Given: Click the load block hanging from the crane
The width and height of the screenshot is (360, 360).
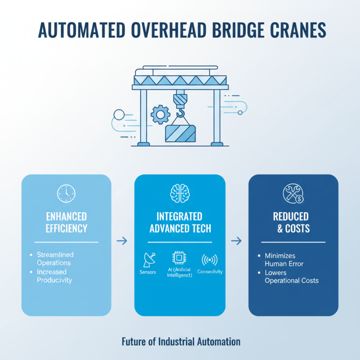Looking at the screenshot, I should pyautogui.click(x=180, y=134).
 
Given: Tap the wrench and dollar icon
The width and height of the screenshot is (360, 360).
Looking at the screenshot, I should pyautogui.click(x=292, y=193).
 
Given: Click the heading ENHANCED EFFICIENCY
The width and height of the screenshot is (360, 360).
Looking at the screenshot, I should pyautogui.click(x=66, y=222).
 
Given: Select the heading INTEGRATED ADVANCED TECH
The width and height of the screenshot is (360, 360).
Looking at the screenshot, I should pyautogui.click(x=180, y=222).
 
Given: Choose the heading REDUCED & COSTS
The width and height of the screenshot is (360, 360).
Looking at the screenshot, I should pyautogui.click(x=293, y=222).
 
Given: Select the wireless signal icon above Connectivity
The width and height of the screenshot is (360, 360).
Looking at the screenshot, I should pyautogui.click(x=210, y=260).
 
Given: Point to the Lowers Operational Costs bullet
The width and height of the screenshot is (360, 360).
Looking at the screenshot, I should pyautogui.click(x=291, y=276).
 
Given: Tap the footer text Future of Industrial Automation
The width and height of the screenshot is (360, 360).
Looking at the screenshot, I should pyautogui.click(x=181, y=342).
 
